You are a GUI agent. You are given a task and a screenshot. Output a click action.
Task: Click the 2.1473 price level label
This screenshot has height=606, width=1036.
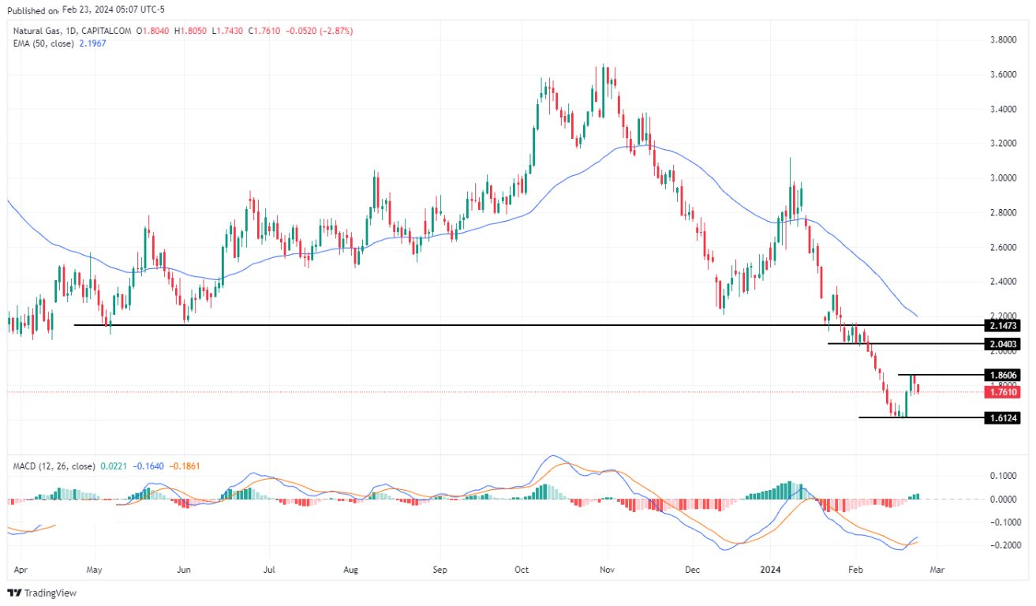point(1002,325)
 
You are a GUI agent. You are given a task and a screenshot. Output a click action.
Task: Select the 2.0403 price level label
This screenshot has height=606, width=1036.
point(1002,344)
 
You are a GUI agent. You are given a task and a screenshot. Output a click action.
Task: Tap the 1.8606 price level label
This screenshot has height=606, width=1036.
point(1002,375)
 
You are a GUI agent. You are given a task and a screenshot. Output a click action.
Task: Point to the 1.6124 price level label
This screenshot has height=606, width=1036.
point(1002,417)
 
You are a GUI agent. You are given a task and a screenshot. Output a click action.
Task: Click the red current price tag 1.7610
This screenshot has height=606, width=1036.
point(1002,391)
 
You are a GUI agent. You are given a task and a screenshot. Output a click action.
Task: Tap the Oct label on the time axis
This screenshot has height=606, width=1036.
point(521,568)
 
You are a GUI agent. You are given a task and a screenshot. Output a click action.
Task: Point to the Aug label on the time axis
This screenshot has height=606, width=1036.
point(351,568)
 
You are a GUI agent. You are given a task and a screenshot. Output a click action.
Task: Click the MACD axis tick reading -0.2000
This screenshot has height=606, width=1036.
point(1004,545)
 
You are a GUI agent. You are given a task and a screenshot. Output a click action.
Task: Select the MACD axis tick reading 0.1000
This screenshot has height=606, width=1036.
point(1006,476)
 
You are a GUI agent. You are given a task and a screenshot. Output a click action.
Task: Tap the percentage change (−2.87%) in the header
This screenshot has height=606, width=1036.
point(332,31)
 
